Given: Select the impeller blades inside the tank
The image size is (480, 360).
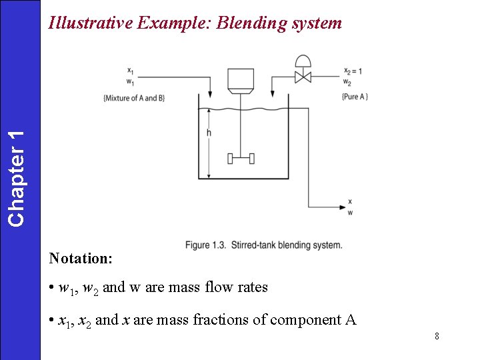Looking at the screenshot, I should (x=240, y=159).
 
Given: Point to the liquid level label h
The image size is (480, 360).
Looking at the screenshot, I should (x=209, y=133).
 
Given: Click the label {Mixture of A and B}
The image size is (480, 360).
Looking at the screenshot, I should (x=134, y=98).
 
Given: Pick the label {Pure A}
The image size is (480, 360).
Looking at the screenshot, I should (x=355, y=97).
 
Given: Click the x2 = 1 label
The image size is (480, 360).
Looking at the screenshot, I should (x=353, y=71).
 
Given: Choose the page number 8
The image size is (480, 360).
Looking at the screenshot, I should (x=437, y=336).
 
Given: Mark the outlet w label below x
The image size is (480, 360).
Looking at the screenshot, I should (x=351, y=213).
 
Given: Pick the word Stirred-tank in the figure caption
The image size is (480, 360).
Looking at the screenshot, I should (x=255, y=245).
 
